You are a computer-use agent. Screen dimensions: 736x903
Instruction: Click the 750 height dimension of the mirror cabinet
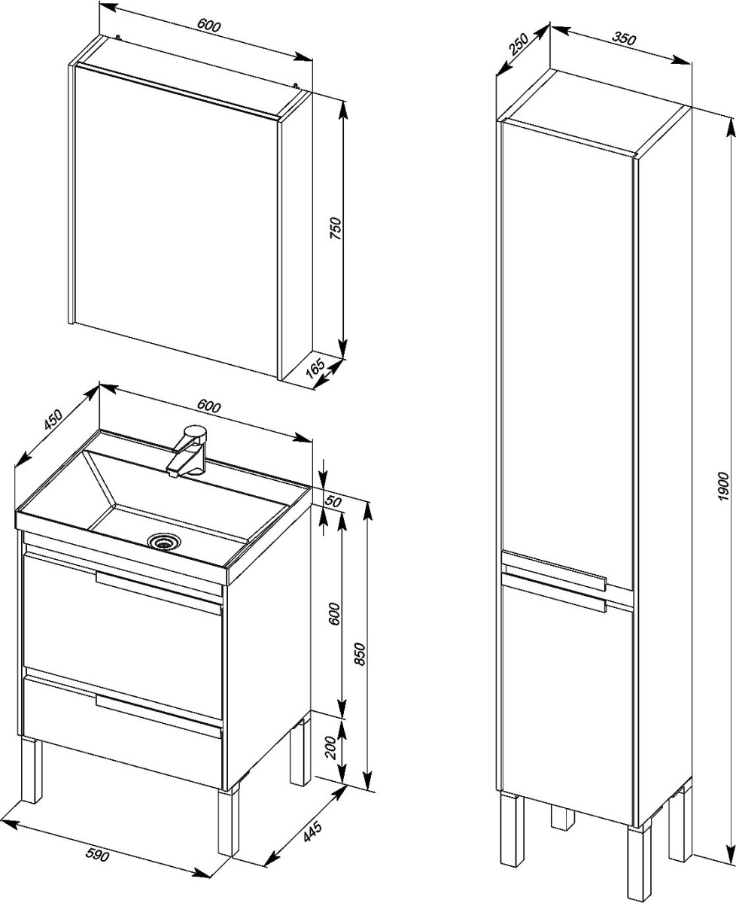tap(336, 228)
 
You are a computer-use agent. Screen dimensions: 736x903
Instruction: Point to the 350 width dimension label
tap(624, 38)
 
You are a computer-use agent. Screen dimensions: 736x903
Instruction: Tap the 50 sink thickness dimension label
tap(333, 501)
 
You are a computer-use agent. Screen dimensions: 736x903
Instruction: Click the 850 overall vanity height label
tap(359, 653)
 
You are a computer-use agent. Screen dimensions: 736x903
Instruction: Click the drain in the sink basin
tap(164, 541)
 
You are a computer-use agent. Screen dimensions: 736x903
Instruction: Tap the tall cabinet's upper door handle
tap(555, 570)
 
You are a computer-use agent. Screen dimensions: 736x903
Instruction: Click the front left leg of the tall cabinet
tap(510, 847)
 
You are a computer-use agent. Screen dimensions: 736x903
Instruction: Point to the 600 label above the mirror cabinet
tap(209, 26)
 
